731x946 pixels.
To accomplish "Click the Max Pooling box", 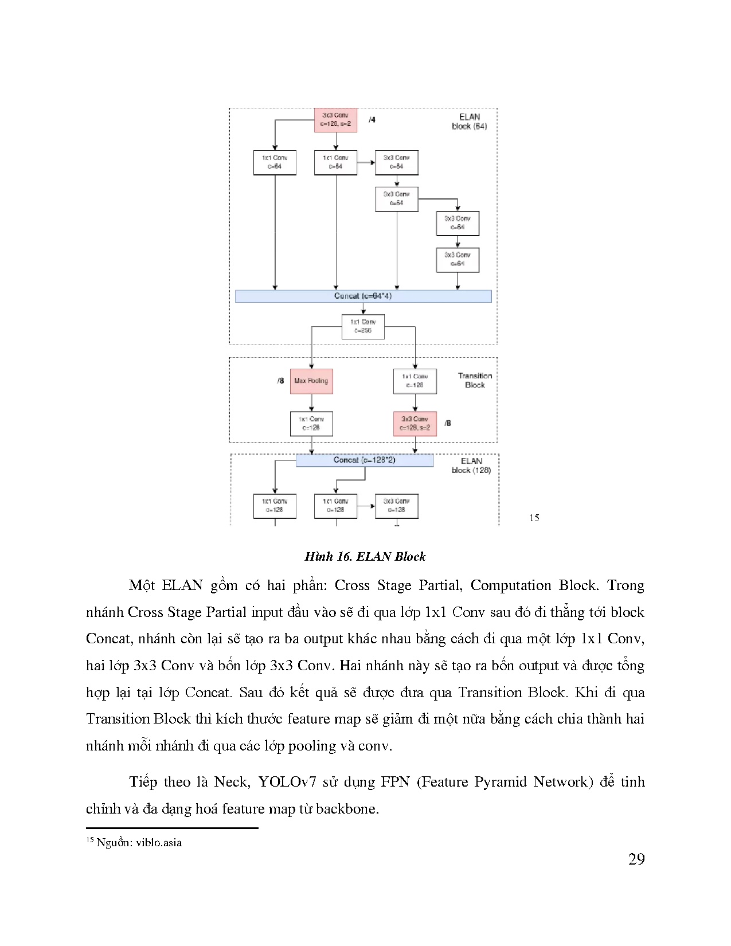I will (311, 381).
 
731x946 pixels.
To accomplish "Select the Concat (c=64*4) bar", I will (363, 296).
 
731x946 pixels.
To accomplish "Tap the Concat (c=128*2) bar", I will (365, 460).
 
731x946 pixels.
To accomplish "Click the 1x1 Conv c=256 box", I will (363, 326).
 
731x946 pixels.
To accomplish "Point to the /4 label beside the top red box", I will (372, 120).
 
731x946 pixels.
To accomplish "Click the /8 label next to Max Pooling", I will (280, 381).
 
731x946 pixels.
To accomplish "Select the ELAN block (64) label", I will (470, 122).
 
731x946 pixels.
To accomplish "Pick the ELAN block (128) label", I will (471, 466).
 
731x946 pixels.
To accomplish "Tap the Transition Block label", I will (475, 380).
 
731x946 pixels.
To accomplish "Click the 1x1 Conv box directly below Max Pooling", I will (311, 424).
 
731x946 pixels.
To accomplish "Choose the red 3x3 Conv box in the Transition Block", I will (415, 424).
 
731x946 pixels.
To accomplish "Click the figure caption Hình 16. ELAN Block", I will (365, 557).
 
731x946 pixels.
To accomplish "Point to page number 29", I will (636, 859).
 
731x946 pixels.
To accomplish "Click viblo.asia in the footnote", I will (159, 843).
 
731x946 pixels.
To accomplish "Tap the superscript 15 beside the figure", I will (534, 518).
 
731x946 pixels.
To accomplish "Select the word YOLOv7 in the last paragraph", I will (287, 782).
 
